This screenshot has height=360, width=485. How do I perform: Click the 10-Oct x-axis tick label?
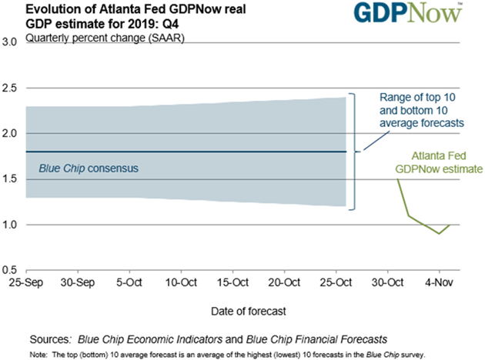[182, 283]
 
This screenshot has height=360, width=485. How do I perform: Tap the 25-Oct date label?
[336, 283]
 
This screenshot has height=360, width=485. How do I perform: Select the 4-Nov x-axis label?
[440, 283]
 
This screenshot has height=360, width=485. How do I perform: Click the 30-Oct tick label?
[388, 283]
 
